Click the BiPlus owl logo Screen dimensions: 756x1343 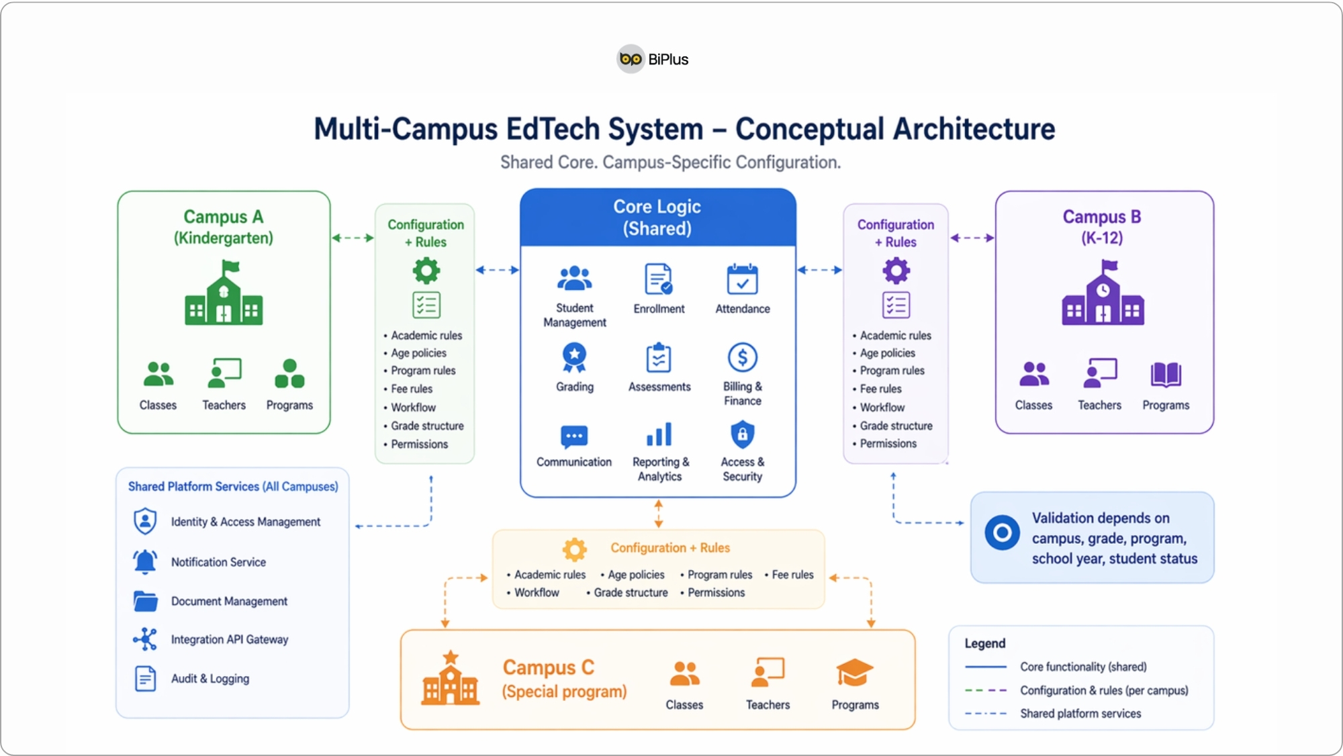click(x=631, y=59)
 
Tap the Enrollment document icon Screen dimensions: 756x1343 click(x=658, y=279)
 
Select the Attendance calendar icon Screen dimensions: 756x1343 click(x=742, y=279)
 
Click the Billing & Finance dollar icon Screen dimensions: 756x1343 click(x=742, y=358)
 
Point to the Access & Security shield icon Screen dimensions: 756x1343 click(x=742, y=434)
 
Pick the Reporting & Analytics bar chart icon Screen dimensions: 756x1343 click(x=659, y=434)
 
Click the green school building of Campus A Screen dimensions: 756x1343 click(x=224, y=293)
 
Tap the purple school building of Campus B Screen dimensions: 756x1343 click(x=1103, y=293)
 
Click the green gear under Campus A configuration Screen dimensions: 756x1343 click(x=426, y=271)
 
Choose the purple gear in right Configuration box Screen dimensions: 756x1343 click(x=896, y=271)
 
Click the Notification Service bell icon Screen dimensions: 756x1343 click(x=145, y=561)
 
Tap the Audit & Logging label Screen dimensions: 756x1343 click(x=210, y=678)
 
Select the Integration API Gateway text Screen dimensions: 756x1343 click(x=229, y=639)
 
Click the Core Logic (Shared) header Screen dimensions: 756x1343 click(x=657, y=218)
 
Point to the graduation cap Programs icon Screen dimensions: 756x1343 click(x=854, y=673)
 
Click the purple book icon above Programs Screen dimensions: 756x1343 click(x=1165, y=374)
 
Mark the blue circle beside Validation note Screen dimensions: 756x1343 click(x=1002, y=533)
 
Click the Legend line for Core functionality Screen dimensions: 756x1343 click(x=985, y=667)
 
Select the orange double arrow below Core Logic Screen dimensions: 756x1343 click(x=658, y=514)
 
